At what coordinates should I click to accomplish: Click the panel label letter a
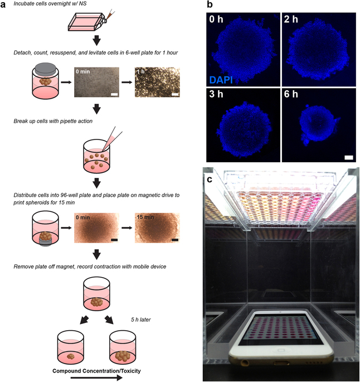tap(4, 5)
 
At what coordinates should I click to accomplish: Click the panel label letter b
tap(209, 5)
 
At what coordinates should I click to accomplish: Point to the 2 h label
tap(293, 23)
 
